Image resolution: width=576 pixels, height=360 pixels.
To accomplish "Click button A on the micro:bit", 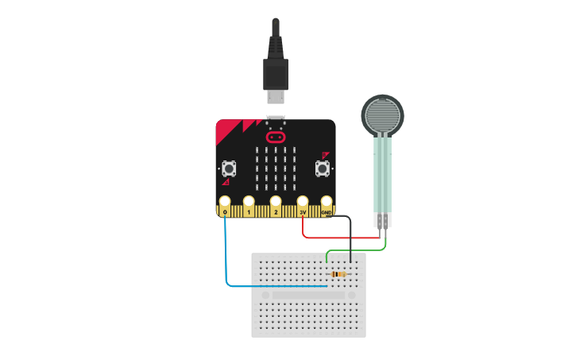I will click(x=229, y=168).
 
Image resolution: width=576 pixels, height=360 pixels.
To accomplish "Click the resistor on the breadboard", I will click(x=338, y=274).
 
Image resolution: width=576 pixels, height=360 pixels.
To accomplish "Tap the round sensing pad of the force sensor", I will click(x=382, y=114).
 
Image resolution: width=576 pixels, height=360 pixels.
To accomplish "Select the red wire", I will click(x=342, y=237).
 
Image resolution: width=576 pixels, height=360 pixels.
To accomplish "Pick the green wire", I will click(x=358, y=250).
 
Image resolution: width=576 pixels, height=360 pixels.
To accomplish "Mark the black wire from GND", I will click(x=350, y=238).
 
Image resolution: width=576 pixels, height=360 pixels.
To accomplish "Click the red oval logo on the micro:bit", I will click(x=276, y=137).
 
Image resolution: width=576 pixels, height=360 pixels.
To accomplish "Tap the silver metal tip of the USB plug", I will click(x=276, y=96).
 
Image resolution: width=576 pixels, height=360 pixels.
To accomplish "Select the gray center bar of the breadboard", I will click(x=308, y=295).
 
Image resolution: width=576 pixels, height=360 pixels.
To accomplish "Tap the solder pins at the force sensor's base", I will click(x=383, y=220).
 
